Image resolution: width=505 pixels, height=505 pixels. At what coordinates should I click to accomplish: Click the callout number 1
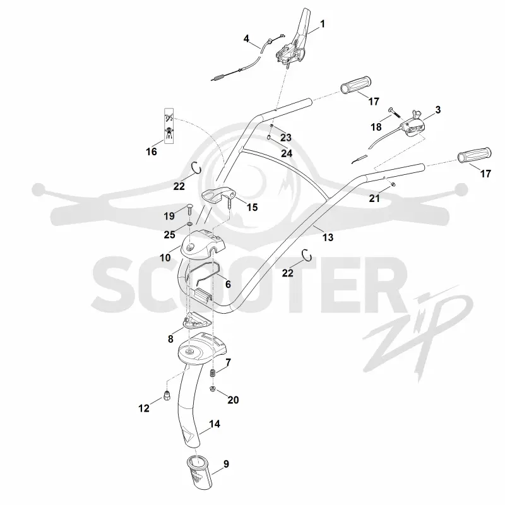[x=322, y=24]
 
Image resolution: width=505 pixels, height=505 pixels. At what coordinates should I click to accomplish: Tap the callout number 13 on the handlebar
[x=328, y=237]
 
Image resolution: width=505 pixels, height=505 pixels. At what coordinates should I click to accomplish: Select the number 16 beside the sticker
[x=151, y=151]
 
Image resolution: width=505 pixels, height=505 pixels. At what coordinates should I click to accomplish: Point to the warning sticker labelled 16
[x=169, y=126]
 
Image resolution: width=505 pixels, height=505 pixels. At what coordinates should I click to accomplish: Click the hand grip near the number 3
[x=356, y=85]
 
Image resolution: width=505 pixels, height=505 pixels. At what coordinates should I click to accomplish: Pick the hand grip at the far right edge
[x=475, y=155]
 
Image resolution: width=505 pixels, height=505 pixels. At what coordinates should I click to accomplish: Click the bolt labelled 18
[x=394, y=112]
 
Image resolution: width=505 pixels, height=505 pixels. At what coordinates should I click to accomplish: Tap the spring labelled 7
[x=212, y=374]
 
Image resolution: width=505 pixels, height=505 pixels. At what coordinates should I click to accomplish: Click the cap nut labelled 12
[x=167, y=396]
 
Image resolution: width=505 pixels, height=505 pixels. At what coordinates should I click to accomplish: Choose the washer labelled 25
[x=190, y=224]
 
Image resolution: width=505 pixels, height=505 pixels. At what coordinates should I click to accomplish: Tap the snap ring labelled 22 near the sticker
[x=196, y=168]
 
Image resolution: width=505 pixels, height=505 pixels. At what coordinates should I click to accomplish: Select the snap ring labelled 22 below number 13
[x=308, y=256]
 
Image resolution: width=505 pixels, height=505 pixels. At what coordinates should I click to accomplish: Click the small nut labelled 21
[x=393, y=184]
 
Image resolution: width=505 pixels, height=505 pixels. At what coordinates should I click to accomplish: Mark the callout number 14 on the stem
[x=215, y=424]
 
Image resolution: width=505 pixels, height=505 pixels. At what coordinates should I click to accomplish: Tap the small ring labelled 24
[x=268, y=138]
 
